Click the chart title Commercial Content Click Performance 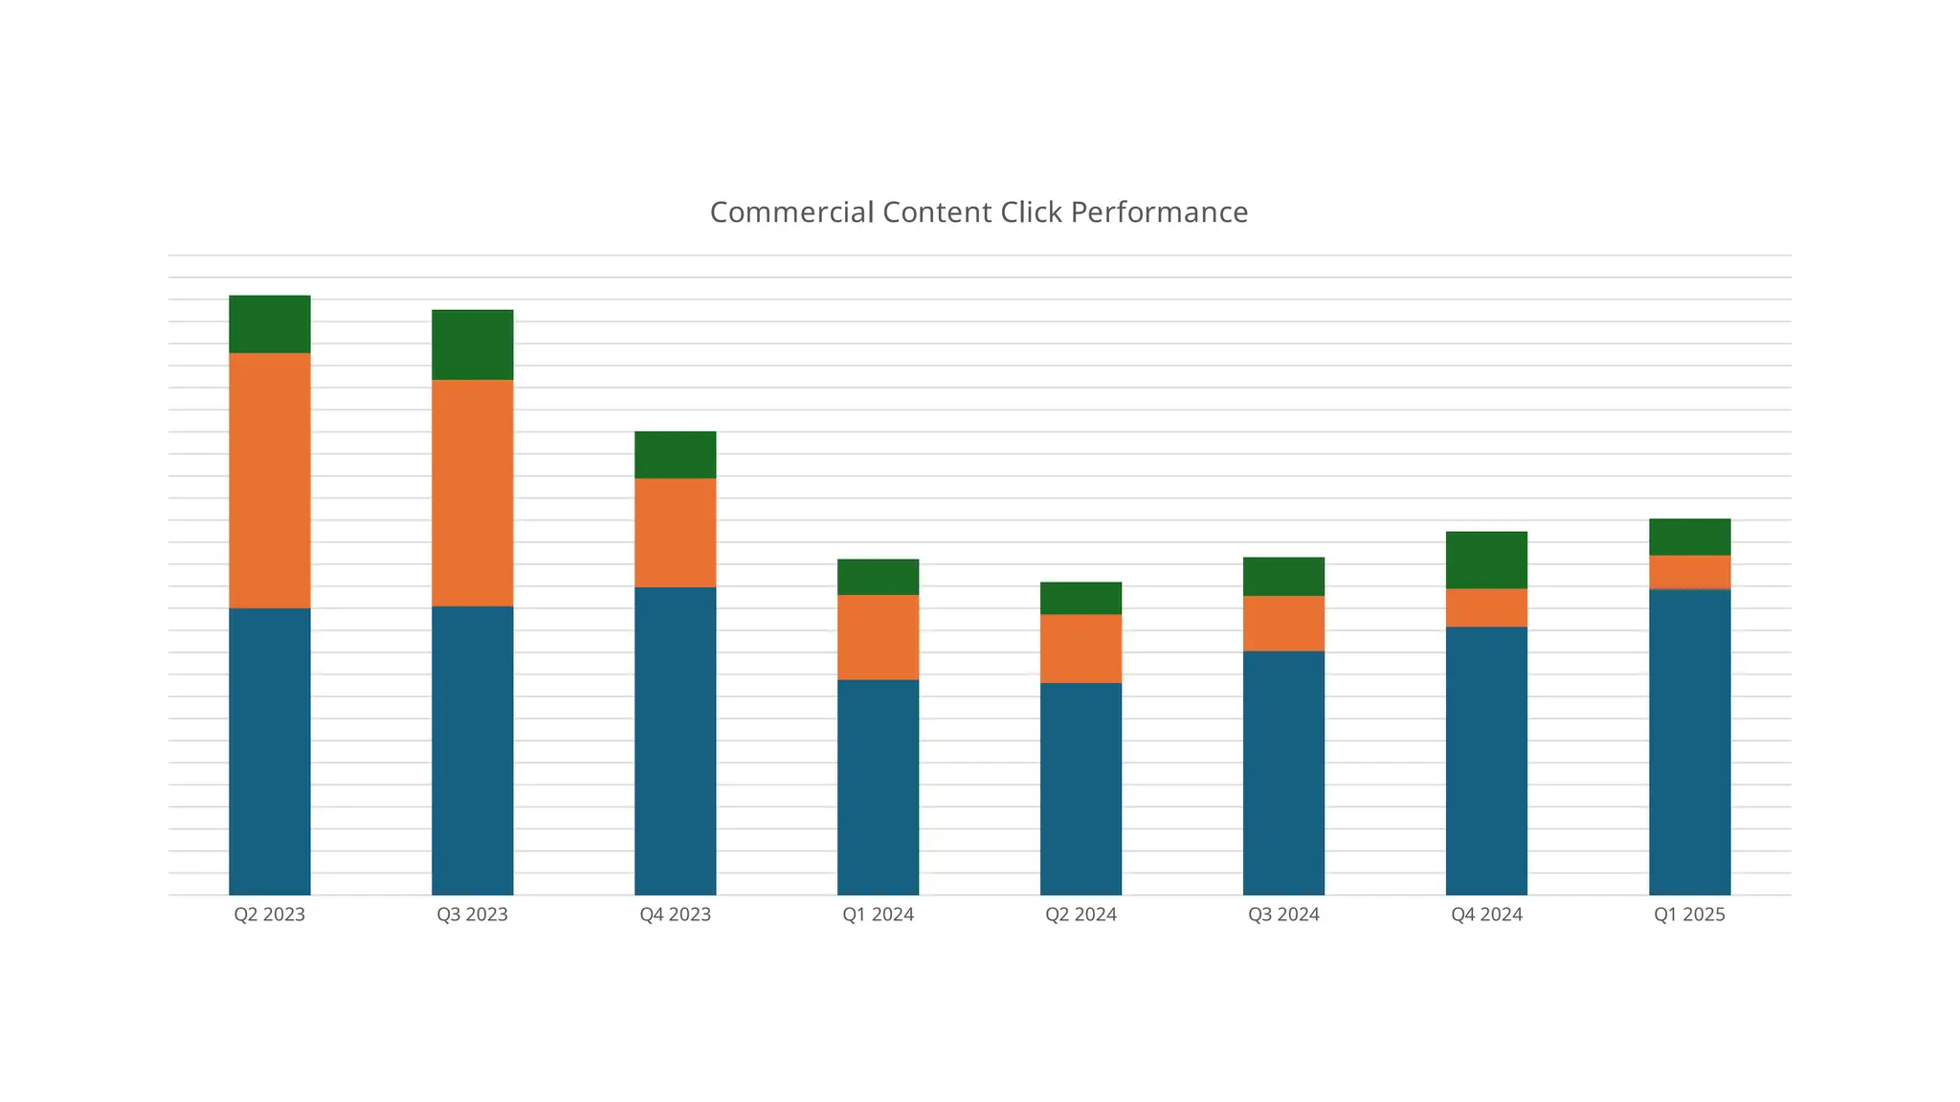pyautogui.click(x=978, y=212)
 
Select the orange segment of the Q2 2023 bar pyautogui.click(x=270, y=480)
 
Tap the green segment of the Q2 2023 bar pyautogui.click(x=270, y=324)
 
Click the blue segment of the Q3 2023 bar pyautogui.click(x=473, y=751)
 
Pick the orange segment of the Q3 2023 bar pyautogui.click(x=473, y=493)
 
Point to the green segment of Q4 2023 pyautogui.click(x=676, y=454)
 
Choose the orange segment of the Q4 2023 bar pyautogui.click(x=676, y=533)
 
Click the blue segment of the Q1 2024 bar pyautogui.click(x=879, y=787)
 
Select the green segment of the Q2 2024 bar pyautogui.click(x=1081, y=598)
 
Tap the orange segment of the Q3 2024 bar pyautogui.click(x=1284, y=624)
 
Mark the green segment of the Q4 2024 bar pyautogui.click(x=1486, y=560)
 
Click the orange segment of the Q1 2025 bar pyautogui.click(x=1690, y=572)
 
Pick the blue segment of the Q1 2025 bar pyautogui.click(x=1690, y=742)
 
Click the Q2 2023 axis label pyautogui.click(x=270, y=915)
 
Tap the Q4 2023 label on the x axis pyautogui.click(x=676, y=915)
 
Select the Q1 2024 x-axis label pyautogui.click(x=879, y=915)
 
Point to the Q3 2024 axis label pyautogui.click(x=1284, y=915)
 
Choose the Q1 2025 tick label pyautogui.click(x=1690, y=915)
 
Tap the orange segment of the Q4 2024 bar pyautogui.click(x=1486, y=607)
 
